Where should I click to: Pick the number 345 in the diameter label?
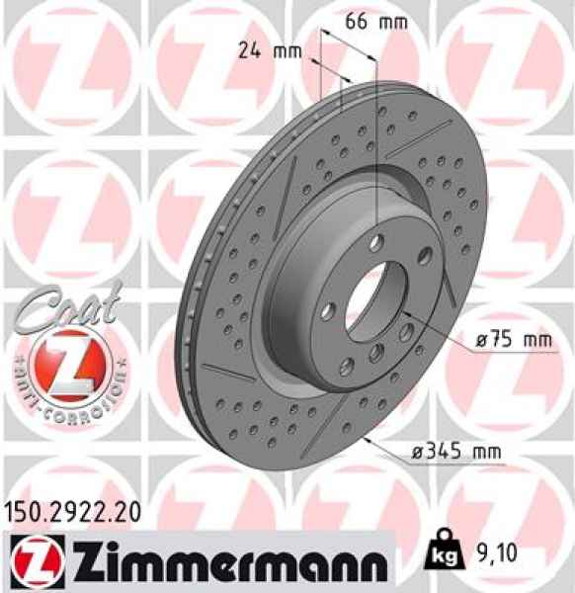pos(455,453)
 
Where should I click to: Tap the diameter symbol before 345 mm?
pos(422,453)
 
